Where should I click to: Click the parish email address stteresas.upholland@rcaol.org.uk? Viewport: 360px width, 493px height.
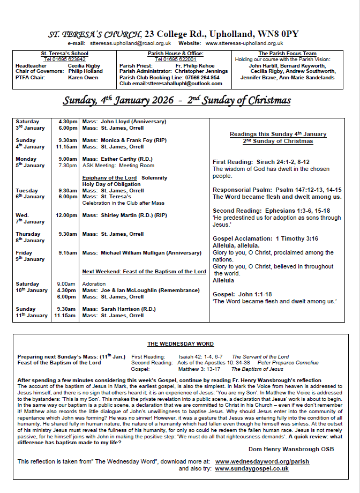click(x=130, y=43)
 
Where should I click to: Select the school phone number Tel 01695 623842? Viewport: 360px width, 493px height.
click(x=64, y=59)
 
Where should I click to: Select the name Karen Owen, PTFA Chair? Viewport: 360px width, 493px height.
click(x=83, y=77)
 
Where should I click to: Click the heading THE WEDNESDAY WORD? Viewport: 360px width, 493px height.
click(x=181, y=344)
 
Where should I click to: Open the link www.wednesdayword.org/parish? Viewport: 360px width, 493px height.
click(x=262, y=461)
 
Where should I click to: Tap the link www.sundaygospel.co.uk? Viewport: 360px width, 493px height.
click(x=252, y=468)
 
